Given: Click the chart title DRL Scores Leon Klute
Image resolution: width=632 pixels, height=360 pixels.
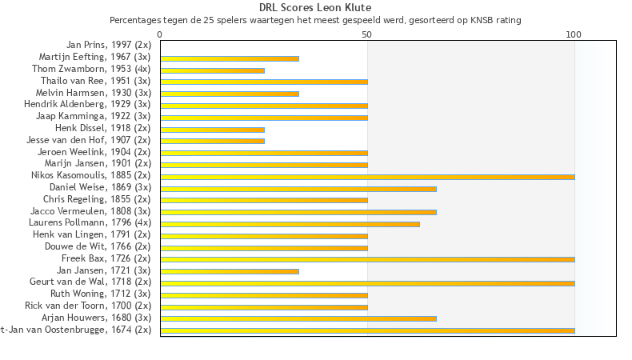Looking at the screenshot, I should pos(315,8).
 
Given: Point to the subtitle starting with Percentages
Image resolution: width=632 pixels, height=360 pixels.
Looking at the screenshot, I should pos(315,19).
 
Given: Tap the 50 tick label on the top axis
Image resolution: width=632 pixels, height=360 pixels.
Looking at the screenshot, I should pos(367,35).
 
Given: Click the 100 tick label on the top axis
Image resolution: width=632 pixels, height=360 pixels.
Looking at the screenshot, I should pos(574,35).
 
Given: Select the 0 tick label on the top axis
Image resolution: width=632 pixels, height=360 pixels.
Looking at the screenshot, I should pos(160,35).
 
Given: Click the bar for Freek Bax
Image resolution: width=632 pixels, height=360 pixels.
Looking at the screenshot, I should pos(367,259).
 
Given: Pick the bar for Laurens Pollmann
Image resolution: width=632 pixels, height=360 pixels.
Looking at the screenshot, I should pos(290,224).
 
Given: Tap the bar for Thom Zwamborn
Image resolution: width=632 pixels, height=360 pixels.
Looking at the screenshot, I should pos(212,70).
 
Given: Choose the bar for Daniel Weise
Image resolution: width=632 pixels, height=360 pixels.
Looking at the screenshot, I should pos(298,189).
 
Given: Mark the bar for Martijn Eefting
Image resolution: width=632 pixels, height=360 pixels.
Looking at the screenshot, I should pos(230,58).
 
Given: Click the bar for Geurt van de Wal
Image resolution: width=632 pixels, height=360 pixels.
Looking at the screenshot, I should pos(367,283).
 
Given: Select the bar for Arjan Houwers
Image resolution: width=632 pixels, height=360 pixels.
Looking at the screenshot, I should pos(298,318).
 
